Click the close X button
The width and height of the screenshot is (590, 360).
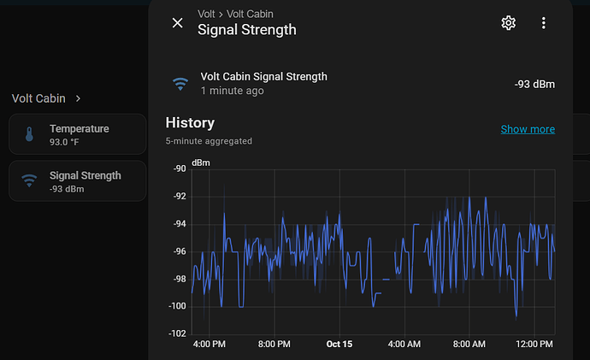[177, 23]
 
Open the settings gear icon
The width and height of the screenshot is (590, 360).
[509, 23]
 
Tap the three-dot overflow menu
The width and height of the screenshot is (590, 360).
[544, 23]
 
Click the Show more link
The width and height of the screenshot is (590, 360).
[528, 129]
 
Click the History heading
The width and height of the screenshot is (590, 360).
[190, 123]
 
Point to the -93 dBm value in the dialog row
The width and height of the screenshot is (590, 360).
[534, 84]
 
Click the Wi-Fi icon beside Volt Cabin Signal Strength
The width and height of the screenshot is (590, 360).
[180, 84]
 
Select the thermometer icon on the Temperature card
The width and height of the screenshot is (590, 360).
[29, 134]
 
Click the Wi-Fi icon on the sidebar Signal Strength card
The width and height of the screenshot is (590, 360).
[29, 180]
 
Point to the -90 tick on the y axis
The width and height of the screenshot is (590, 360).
[179, 169]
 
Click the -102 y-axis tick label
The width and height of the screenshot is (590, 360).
[177, 333]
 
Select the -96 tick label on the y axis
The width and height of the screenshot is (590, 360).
[179, 251]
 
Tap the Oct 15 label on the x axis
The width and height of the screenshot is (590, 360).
[339, 345]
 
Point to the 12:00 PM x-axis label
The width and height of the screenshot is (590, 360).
[534, 345]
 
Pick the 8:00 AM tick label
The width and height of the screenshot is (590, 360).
[469, 345]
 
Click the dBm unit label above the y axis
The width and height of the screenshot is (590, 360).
[200, 162]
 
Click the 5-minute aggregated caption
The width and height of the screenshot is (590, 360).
[209, 141]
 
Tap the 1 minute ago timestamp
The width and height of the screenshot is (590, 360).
[232, 91]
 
